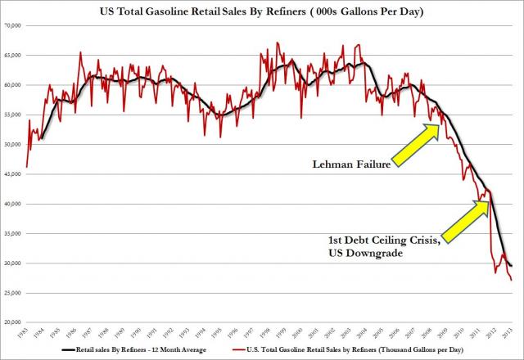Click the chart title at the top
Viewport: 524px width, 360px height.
tap(261, 11)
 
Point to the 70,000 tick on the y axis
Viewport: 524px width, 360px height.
tap(12, 27)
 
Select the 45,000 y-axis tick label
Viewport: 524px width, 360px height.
tap(12, 174)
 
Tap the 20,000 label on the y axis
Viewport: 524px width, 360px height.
tap(12, 322)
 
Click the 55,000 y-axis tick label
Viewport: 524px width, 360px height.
tap(12, 115)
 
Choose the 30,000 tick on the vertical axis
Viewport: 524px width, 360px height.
tap(12, 263)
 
